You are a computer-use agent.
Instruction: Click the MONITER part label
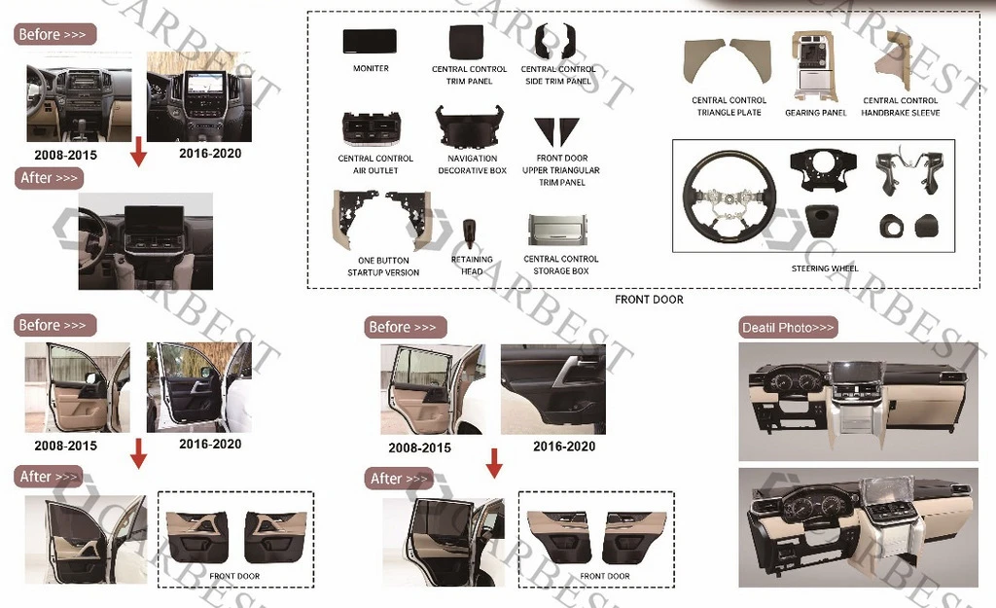click(371, 68)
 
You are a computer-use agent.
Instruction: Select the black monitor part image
click(370, 41)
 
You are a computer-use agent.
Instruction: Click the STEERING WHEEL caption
click(825, 268)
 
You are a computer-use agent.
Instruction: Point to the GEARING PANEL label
click(816, 113)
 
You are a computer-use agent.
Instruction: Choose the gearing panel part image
click(816, 67)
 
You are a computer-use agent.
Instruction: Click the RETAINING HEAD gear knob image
click(470, 233)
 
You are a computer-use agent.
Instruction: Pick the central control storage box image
click(557, 230)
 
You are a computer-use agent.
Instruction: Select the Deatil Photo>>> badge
click(788, 328)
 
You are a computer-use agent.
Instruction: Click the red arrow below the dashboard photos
click(138, 151)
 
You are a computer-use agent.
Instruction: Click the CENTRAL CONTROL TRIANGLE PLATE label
click(729, 106)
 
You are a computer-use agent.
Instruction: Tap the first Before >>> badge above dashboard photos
click(54, 34)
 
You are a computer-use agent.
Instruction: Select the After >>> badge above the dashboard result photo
click(49, 178)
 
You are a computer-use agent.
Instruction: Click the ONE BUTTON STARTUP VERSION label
click(383, 267)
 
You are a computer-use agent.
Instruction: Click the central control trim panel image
click(468, 41)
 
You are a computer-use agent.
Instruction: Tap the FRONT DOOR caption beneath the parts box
click(649, 300)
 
